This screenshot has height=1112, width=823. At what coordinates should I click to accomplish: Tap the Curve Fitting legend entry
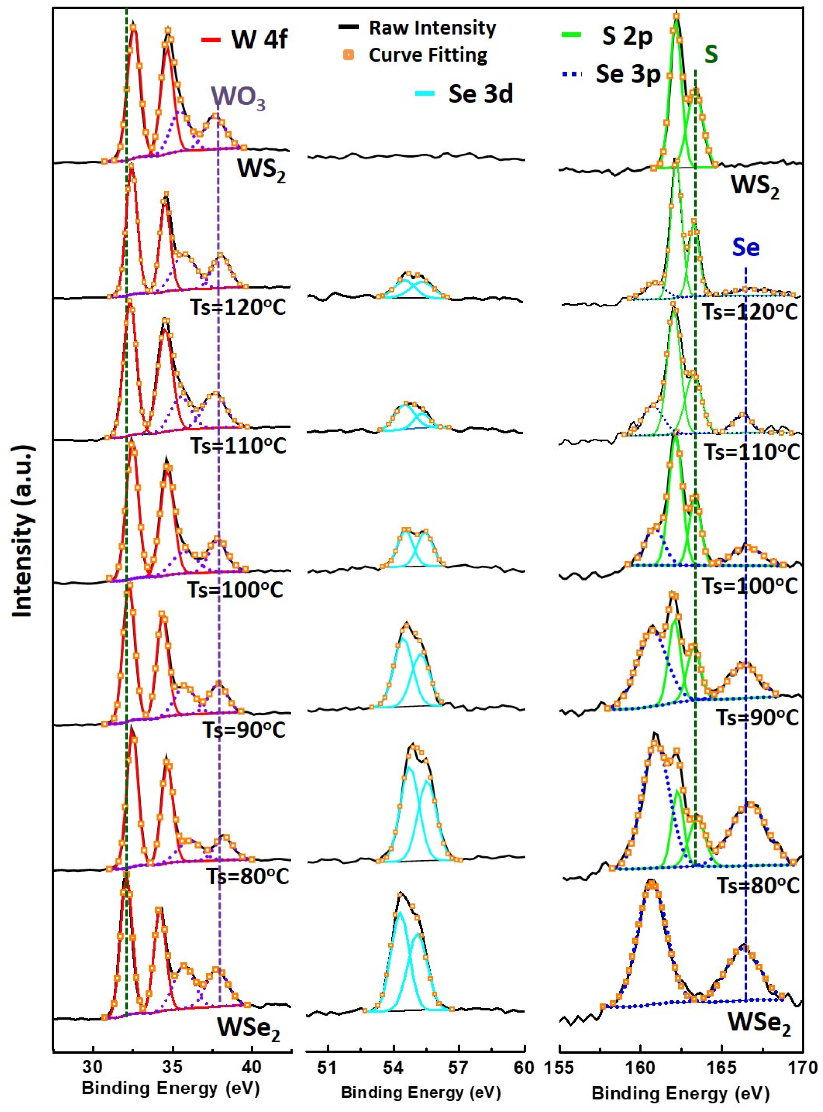427,55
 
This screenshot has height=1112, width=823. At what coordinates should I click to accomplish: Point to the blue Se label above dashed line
746,247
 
